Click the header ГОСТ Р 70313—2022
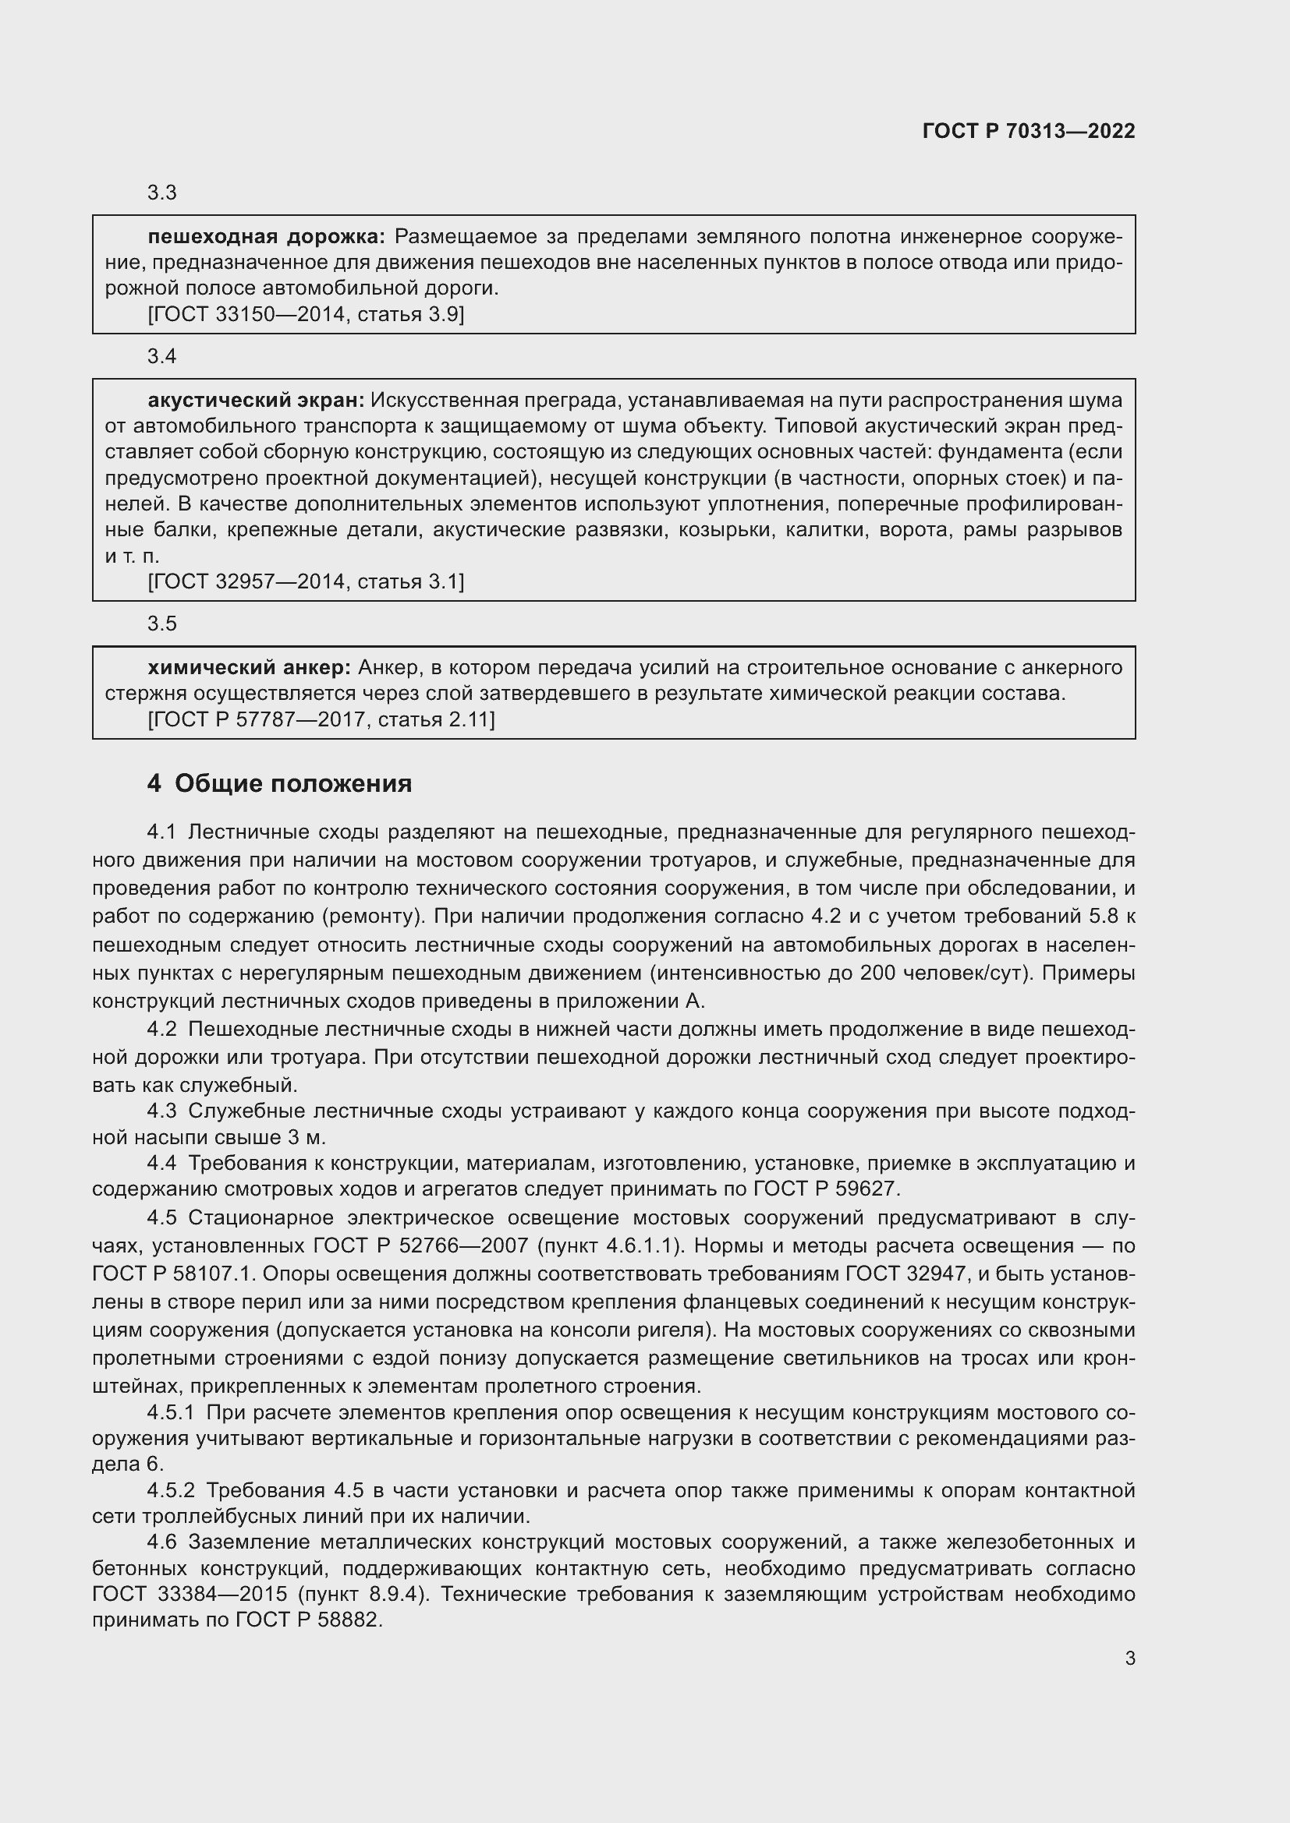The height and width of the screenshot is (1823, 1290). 1029,131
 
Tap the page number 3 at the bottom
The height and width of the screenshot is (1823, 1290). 1129,1659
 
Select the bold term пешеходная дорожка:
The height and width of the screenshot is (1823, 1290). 266,237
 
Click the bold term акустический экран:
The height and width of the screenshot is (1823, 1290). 256,400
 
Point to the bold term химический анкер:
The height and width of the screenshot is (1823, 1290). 250,668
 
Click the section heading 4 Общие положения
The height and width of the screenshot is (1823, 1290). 280,783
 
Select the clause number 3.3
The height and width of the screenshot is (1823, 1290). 162,193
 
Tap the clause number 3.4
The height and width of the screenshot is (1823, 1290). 162,356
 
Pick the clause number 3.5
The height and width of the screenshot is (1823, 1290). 162,624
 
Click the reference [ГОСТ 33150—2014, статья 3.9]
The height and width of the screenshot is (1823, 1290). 306,314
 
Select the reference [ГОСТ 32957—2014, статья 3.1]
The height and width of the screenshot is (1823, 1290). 306,582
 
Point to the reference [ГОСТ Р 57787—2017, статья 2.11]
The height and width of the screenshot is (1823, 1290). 321,720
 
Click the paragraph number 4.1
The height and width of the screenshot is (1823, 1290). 161,832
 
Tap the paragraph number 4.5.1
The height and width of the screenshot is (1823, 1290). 171,1412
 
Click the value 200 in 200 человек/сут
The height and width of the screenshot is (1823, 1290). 878,973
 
